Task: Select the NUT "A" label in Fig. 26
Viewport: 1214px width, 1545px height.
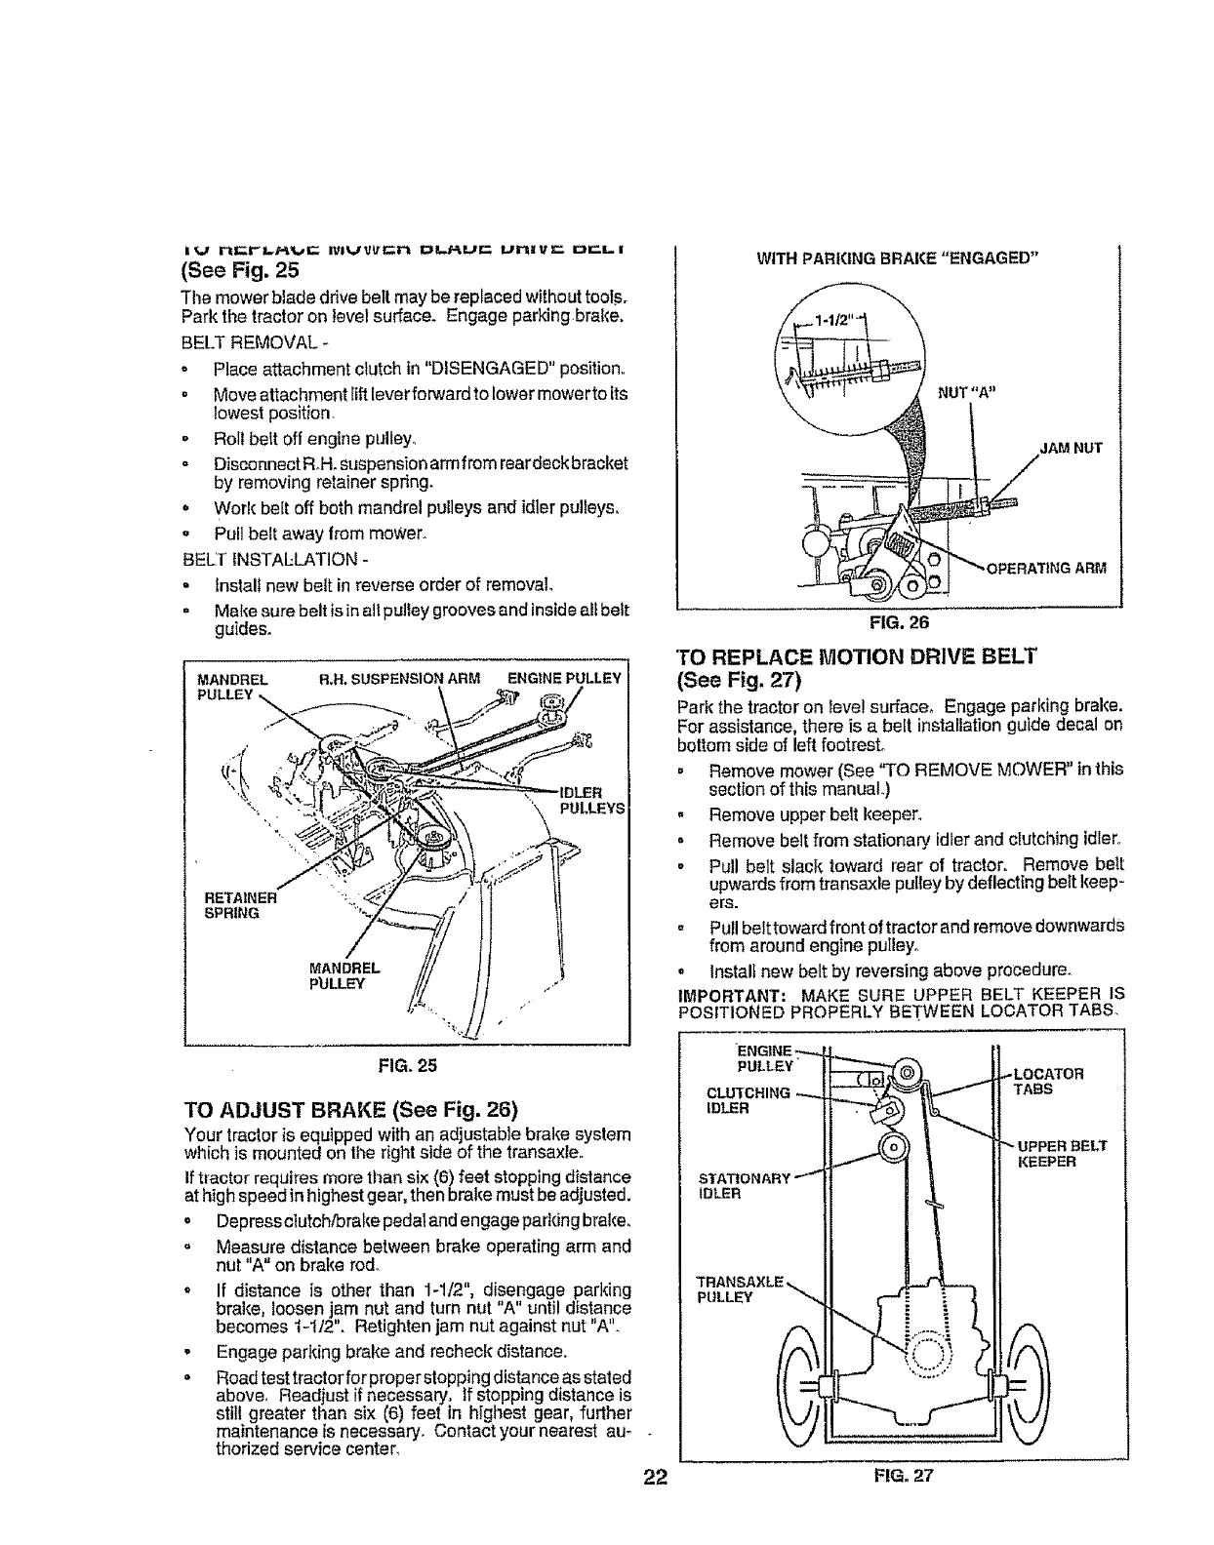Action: click(x=964, y=393)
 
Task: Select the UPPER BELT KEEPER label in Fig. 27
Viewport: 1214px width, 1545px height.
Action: click(x=1061, y=1154)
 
